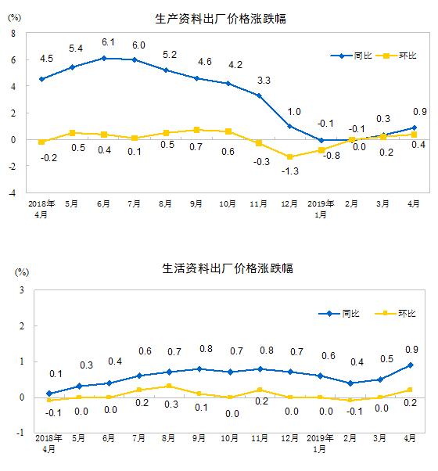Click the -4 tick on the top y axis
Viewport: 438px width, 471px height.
pos(12,192)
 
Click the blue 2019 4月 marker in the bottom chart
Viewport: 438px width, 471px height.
pos(411,365)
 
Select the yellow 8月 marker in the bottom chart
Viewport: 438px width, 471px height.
pos(169,386)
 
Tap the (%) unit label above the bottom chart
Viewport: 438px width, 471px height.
pos(23,272)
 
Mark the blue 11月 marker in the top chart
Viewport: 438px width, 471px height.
pos(259,95)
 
